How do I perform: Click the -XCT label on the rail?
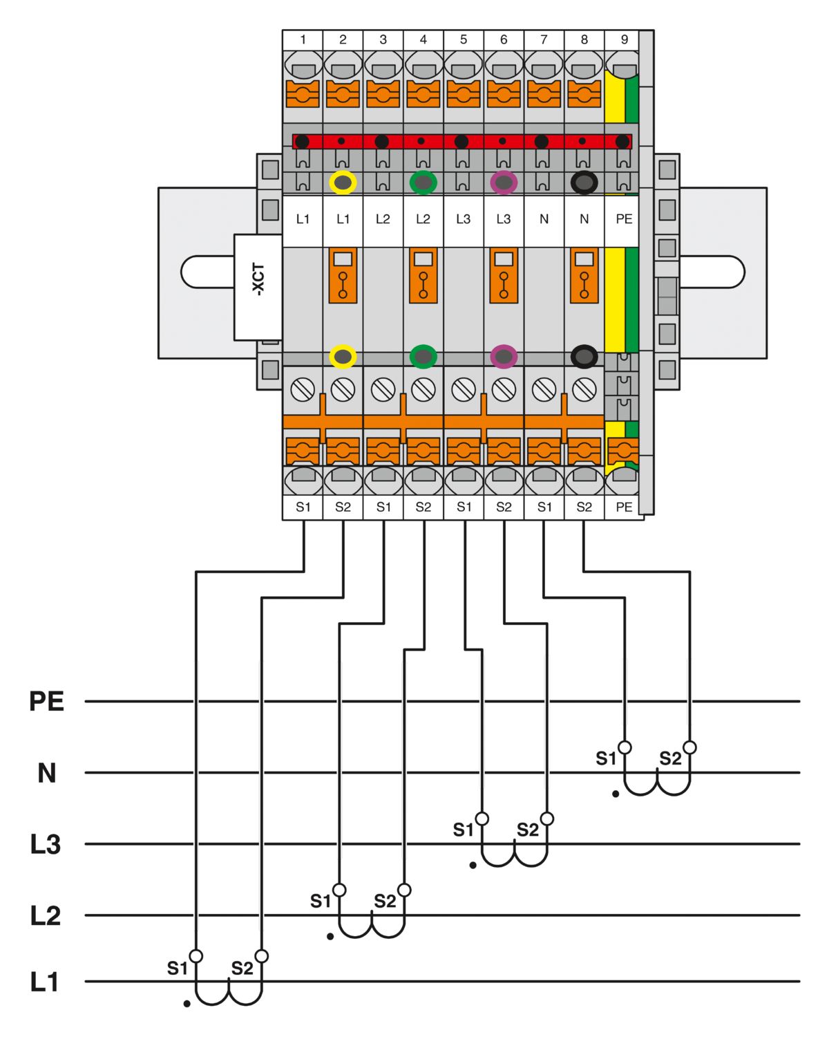[x=258, y=279]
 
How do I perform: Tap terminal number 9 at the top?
[x=624, y=40]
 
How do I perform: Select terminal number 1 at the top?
[x=303, y=40]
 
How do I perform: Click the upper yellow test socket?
[x=343, y=183]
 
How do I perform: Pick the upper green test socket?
[x=423, y=183]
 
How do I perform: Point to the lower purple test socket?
[x=504, y=357]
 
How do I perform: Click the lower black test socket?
[x=584, y=357]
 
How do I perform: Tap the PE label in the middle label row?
[x=624, y=219]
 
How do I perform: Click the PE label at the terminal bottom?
[x=624, y=507]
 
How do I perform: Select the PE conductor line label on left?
[x=46, y=701]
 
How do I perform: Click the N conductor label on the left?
[x=46, y=773]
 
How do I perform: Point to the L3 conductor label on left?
[x=46, y=844]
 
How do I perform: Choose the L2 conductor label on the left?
[x=46, y=916]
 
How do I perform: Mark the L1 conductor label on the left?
[x=45, y=982]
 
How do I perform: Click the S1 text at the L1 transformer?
[x=177, y=969]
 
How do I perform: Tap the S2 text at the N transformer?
[x=670, y=758]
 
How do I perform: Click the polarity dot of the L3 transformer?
[x=473, y=865]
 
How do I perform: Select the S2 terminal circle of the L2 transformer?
[x=405, y=890]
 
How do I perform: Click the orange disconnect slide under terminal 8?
[x=584, y=275]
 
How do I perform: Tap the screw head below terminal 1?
[x=303, y=390]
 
